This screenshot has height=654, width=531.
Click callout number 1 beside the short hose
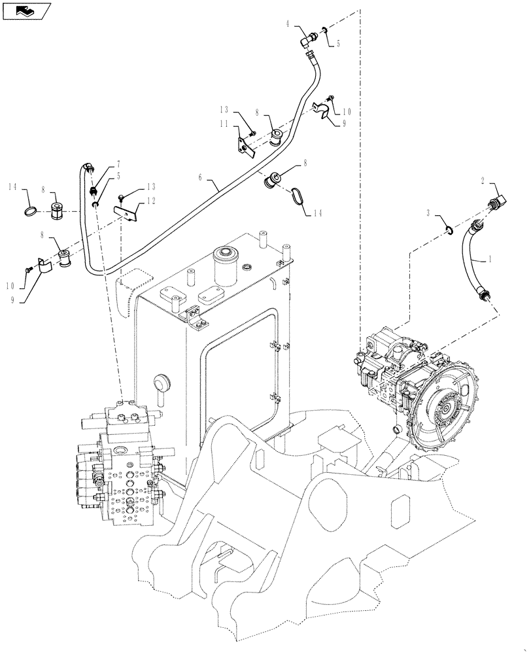pos(488,259)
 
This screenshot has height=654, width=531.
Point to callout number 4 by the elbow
pos(288,24)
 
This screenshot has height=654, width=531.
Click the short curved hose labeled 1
pos(472,262)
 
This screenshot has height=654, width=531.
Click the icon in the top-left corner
pos(24,10)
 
